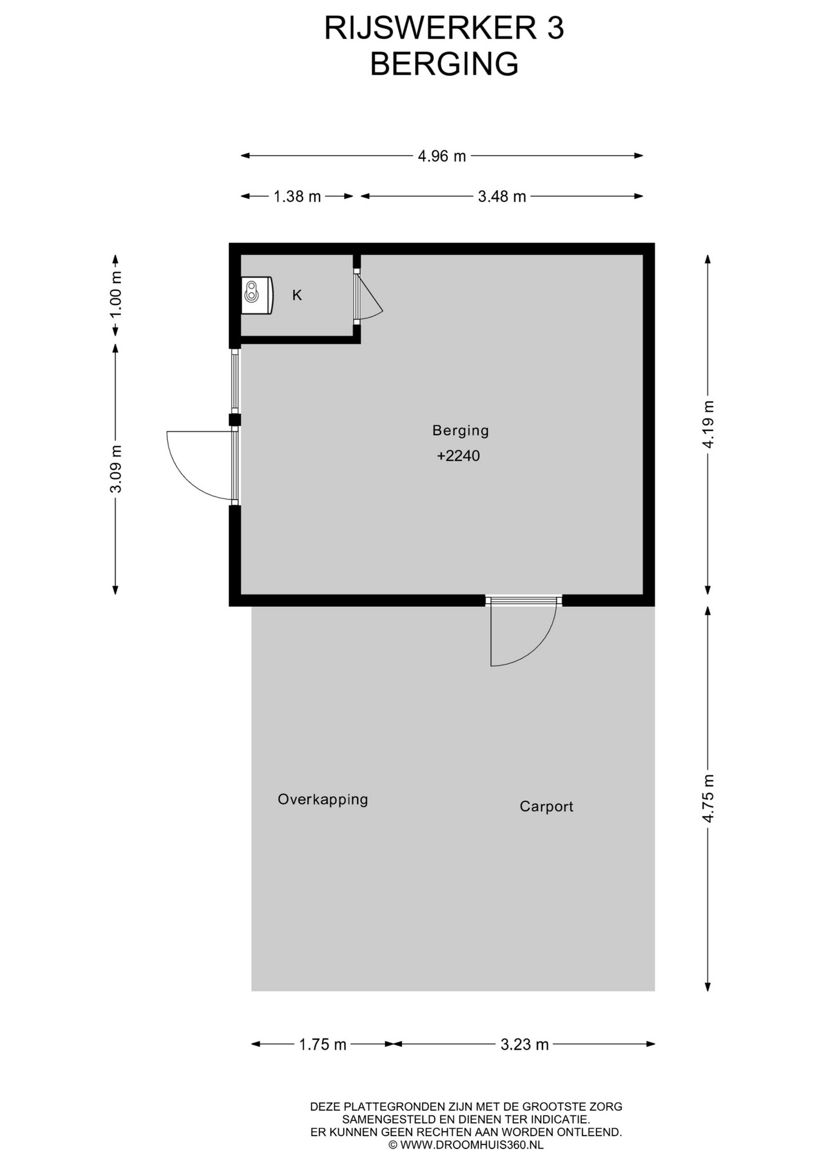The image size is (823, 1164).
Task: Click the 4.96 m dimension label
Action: [442, 156]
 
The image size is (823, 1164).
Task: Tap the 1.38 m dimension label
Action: [297, 196]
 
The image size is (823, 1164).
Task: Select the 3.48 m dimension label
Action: [502, 196]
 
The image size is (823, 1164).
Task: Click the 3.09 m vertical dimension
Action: [115, 469]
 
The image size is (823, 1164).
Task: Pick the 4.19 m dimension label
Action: [708, 424]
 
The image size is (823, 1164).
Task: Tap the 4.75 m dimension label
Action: [708, 798]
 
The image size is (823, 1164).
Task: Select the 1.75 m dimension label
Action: [323, 1045]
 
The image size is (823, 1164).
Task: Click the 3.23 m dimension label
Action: [525, 1045]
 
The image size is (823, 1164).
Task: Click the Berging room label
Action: [461, 430]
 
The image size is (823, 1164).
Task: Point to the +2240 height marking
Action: [458, 456]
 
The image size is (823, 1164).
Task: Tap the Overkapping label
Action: [323, 800]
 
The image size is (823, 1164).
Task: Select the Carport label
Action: [547, 806]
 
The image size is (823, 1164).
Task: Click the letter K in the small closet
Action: [297, 295]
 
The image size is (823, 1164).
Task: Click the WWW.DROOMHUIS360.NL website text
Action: [472, 1145]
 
